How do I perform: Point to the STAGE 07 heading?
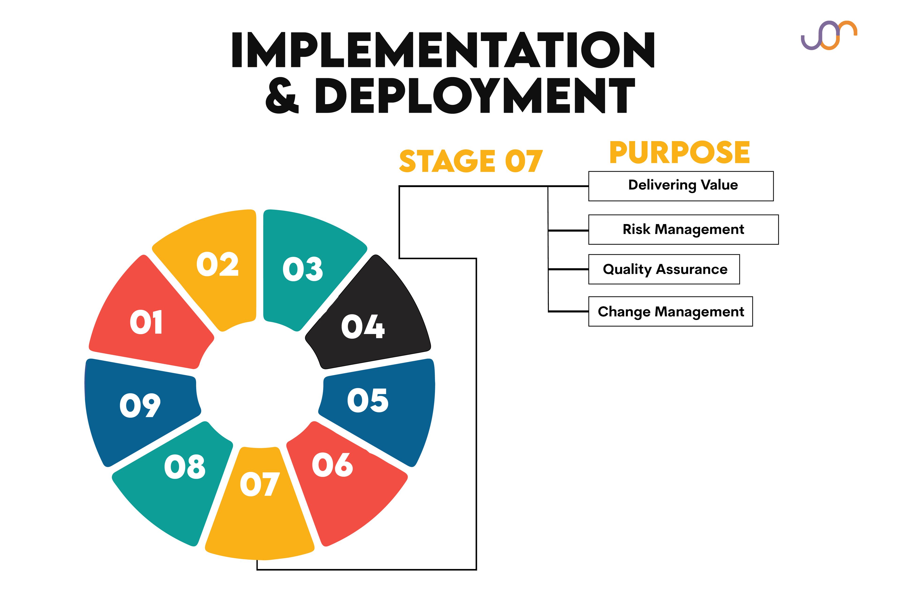(x=471, y=161)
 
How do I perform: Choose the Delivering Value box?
(x=681, y=186)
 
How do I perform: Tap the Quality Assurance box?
(x=664, y=269)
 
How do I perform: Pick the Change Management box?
(x=670, y=311)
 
